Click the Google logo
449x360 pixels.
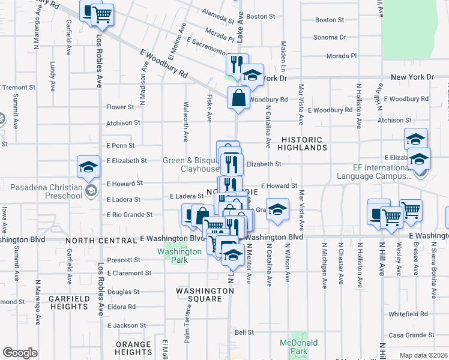pyautogui.click(x=20, y=353)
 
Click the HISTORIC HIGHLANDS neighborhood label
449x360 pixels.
pyautogui.click(x=303, y=143)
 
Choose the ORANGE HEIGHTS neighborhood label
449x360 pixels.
pyautogui.click(x=133, y=349)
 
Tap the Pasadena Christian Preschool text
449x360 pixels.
pyautogui.click(x=46, y=192)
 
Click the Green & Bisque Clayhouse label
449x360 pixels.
pyautogui.click(x=191, y=165)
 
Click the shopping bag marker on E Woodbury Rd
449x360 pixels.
pyautogui.click(x=238, y=96)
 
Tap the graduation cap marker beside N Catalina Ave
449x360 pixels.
pyautogui.click(x=277, y=209)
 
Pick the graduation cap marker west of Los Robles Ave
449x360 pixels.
pyautogui.click(x=88, y=167)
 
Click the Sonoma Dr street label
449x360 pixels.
pyautogui.click(x=330, y=37)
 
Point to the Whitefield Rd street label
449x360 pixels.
pyautogui.click(x=408, y=314)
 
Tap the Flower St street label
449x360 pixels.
pyautogui.click(x=119, y=107)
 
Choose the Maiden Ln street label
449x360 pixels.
pyautogui.click(x=283, y=52)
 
